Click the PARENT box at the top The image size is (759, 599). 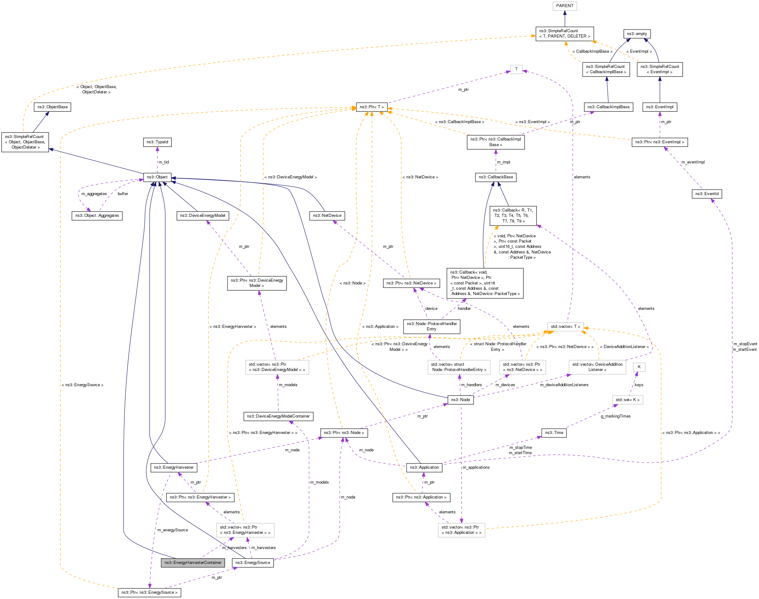pyautogui.click(x=564, y=6)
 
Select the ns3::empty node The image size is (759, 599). pyautogui.click(x=637, y=34)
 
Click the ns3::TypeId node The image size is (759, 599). pyautogui.click(x=157, y=142)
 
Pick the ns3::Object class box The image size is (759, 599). pyautogui.click(x=157, y=177)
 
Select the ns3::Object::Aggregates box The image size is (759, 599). pyautogui.click(x=97, y=216)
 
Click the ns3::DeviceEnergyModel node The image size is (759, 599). pyautogui.click(x=203, y=216)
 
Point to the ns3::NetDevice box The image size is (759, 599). pyautogui.click(x=327, y=216)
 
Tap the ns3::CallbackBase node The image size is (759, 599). pyautogui.click(x=496, y=177)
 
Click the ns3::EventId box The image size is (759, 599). pyautogui.click(x=706, y=194)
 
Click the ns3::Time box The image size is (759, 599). pyautogui.click(x=554, y=433)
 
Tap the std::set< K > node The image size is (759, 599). pyautogui.click(x=627, y=400)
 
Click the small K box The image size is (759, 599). pyautogui.click(x=639, y=367)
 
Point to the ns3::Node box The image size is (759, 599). pyautogui.click(x=461, y=400)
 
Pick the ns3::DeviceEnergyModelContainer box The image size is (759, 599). pyautogui.click(x=278, y=416)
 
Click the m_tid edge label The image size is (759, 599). pyautogui.click(x=164, y=162)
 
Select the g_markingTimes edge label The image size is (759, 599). pyautogui.click(x=615, y=416)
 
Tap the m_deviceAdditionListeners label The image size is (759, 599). pyautogui.click(x=564, y=385)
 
